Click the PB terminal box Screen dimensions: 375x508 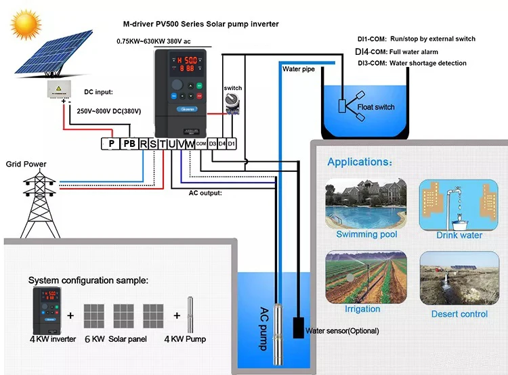point(129,144)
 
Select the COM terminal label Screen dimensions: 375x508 point(201,144)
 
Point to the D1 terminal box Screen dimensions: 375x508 point(232,144)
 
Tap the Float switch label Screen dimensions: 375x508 point(375,107)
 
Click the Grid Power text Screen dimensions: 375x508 point(26,164)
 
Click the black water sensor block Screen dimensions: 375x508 point(297,328)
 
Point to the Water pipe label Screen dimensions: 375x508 point(299,69)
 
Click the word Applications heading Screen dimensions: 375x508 point(359,162)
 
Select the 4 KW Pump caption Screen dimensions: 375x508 point(185,338)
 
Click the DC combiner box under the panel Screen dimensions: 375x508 point(60,89)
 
